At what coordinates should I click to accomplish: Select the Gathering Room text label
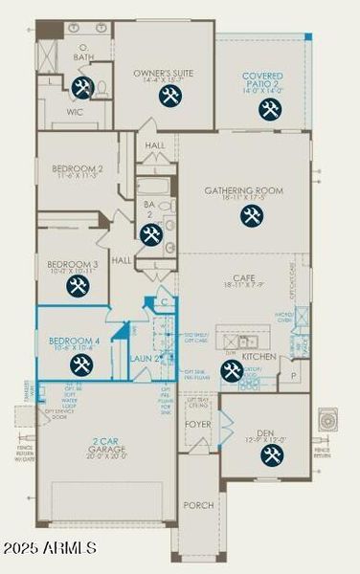[244, 191]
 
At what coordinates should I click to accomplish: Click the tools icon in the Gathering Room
[252, 216]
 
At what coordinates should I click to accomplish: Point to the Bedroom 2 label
[77, 169]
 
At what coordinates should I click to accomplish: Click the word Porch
[198, 505]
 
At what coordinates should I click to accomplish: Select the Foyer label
[198, 423]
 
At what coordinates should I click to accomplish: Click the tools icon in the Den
[272, 455]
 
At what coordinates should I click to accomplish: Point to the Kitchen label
[264, 356]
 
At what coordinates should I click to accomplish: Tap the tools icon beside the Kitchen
[232, 370]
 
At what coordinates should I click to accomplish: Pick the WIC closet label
[75, 111]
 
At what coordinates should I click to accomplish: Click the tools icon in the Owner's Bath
[81, 87]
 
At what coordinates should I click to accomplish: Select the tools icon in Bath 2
[150, 233]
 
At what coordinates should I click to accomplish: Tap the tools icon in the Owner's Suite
[170, 96]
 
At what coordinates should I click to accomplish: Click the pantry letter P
[293, 376]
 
